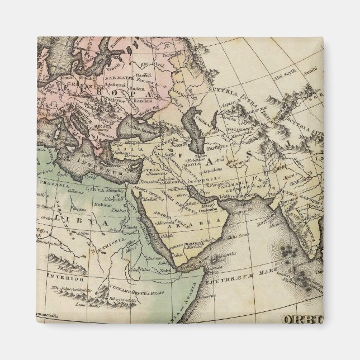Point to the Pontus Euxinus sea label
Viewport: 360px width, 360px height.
point(146,130)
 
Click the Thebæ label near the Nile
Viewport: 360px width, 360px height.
point(119,211)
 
